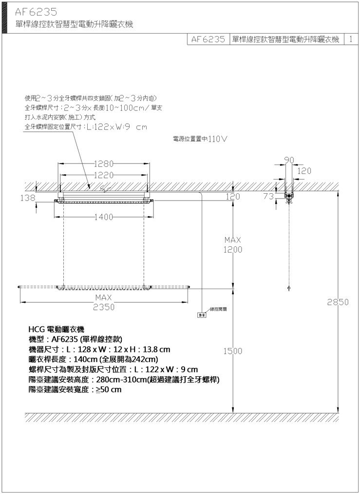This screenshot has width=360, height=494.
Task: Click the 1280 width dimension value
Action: (x=104, y=164)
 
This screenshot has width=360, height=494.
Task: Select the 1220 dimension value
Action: (x=104, y=175)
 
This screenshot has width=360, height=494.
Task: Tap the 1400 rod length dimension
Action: (x=104, y=217)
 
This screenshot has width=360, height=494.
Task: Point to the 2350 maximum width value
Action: (x=104, y=307)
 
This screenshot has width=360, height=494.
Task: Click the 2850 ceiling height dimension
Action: (x=338, y=302)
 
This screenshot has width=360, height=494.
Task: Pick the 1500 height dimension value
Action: (x=233, y=351)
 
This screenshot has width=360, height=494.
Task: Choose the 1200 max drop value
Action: (x=233, y=250)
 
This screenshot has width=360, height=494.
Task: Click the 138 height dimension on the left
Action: (x=28, y=198)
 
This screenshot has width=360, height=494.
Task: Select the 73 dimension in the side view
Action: (x=268, y=196)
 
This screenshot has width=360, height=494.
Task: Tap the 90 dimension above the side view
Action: (x=289, y=160)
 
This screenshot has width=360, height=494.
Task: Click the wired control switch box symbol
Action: (x=202, y=315)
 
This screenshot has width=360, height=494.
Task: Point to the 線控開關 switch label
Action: (x=218, y=309)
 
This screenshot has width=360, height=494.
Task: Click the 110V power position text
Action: (x=218, y=139)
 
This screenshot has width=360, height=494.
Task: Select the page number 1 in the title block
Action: (x=351, y=39)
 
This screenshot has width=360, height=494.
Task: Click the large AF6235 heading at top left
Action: (x=36, y=12)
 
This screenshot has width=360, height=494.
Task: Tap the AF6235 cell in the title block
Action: (x=208, y=39)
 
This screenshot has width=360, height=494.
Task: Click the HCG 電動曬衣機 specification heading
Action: (x=57, y=329)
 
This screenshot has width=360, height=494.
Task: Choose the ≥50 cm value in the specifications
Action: (x=109, y=390)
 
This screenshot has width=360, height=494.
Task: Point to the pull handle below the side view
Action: (x=289, y=289)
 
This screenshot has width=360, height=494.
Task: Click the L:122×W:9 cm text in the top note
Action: (x=116, y=127)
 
